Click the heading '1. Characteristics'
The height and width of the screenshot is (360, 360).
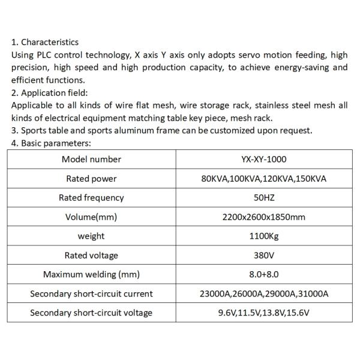[45, 42]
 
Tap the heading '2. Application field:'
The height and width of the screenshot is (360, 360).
[50, 93]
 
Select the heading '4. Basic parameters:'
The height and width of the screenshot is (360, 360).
[51, 143]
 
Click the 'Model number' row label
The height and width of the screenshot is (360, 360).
[91, 159]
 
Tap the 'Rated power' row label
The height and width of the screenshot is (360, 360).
[91, 178]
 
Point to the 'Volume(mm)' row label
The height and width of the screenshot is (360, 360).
[91, 217]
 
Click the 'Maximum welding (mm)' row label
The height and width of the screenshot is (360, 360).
[91, 274]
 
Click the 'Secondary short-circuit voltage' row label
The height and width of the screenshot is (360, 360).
[91, 313]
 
